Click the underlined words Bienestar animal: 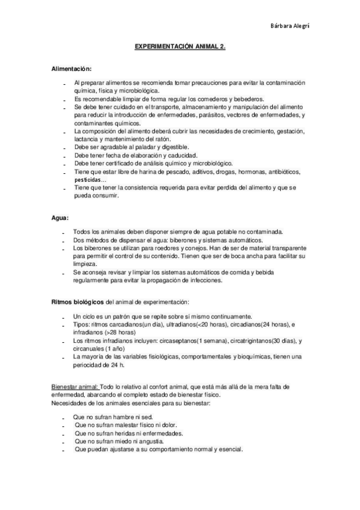click(x=74, y=386)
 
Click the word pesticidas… click(x=91, y=179)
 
